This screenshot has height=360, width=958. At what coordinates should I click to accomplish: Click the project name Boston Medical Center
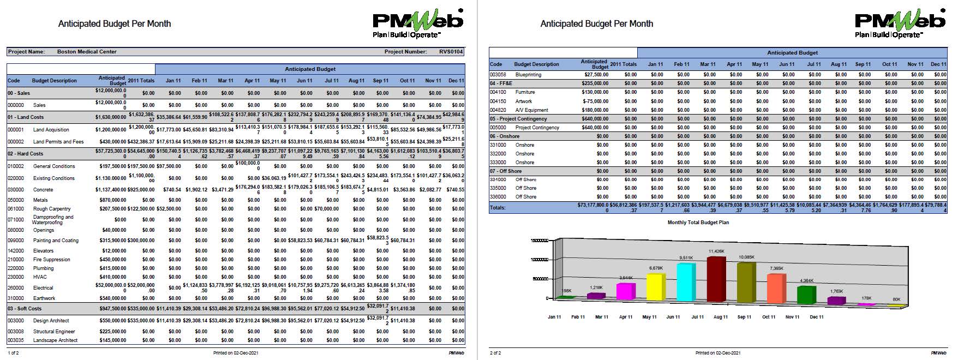pyautogui.click(x=87, y=52)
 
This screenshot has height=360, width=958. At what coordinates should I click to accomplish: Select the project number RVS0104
pyautogui.click(x=451, y=52)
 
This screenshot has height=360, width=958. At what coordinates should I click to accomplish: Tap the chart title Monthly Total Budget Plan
pyautogui.click(x=698, y=223)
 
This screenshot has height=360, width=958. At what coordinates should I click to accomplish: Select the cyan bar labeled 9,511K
pyautogui.click(x=686, y=284)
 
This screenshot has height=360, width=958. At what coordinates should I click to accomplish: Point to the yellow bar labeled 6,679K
pyautogui.click(x=656, y=288)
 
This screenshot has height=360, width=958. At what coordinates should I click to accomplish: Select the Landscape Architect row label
pyautogui.click(x=55, y=340)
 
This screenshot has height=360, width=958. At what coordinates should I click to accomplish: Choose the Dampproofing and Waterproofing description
pyautogui.click(x=53, y=220)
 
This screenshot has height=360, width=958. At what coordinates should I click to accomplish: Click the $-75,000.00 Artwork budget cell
pyautogui.click(x=595, y=101)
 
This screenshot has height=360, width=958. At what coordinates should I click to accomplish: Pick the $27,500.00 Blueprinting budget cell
pyautogui.click(x=596, y=75)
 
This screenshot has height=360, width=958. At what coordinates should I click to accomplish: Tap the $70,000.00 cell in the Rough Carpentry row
pyautogui.click(x=326, y=209)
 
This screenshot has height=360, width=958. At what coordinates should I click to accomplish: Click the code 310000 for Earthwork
pyautogui.click(x=15, y=298)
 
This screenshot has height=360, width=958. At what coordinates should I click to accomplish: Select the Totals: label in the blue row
pyautogui.click(x=498, y=207)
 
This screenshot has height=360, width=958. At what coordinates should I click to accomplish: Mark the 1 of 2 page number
pyautogui.click(x=13, y=353)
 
